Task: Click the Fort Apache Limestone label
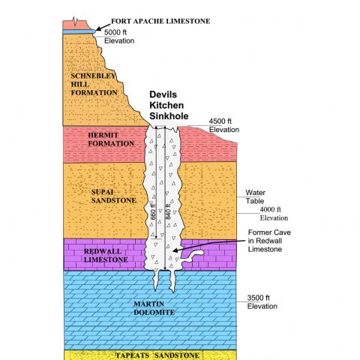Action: point(160,21)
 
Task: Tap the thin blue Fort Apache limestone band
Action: point(79,31)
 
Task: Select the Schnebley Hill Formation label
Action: point(94,84)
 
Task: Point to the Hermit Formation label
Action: point(111,139)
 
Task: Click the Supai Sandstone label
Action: point(113,196)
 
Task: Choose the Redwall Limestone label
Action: point(106,256)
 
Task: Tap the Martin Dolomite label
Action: point(154,308)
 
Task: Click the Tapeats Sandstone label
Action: point(157,355)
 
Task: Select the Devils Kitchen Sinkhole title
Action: point(169,105)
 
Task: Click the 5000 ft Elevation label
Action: point(119,37)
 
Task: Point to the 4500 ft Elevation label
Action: point(224,125)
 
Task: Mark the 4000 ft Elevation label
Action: point(274,214)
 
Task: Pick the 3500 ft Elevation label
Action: point(262,302)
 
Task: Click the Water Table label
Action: point(255,196)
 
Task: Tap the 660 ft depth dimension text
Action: point(153,212)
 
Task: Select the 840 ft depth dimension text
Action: point(168,212)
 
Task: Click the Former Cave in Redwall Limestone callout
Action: point(269,241)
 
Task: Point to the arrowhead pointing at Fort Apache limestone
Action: point(98,29)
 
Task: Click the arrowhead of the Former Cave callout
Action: point(175,250)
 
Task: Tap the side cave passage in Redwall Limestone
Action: point(193,256)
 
